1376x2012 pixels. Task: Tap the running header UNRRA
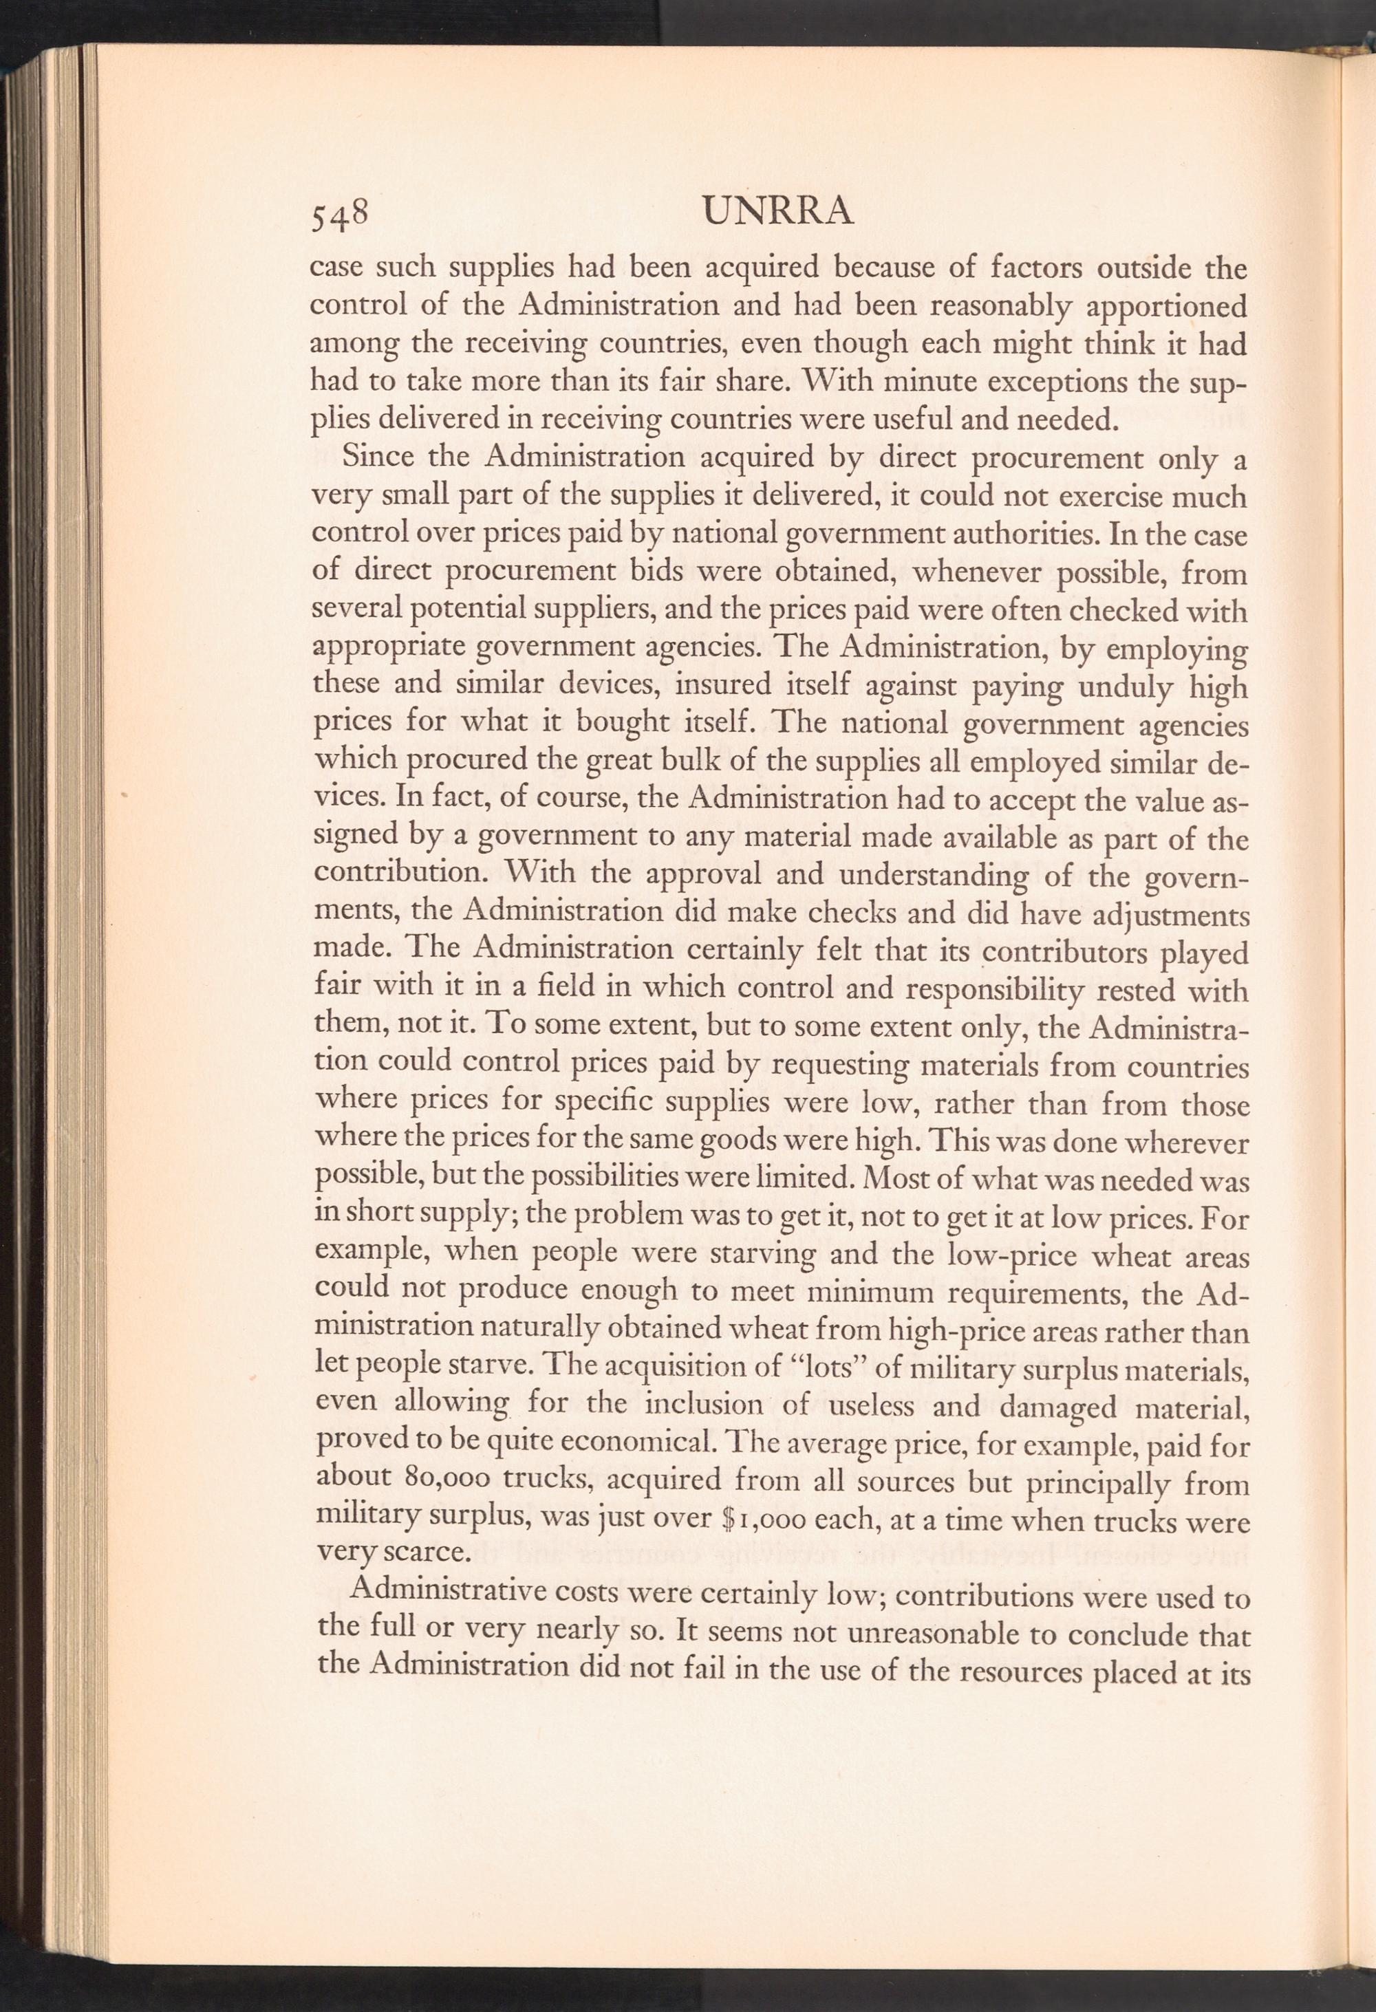coord(779,211)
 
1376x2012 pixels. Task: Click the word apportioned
coord(1165,308)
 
